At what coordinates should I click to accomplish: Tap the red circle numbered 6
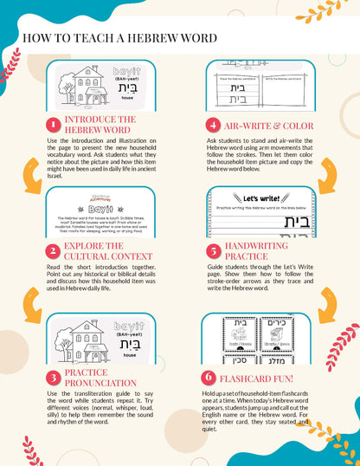click(x=209, y=378)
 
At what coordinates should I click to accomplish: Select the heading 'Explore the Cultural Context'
click(x=99, y=250)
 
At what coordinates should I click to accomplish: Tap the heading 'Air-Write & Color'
click(x=259, y=125)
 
